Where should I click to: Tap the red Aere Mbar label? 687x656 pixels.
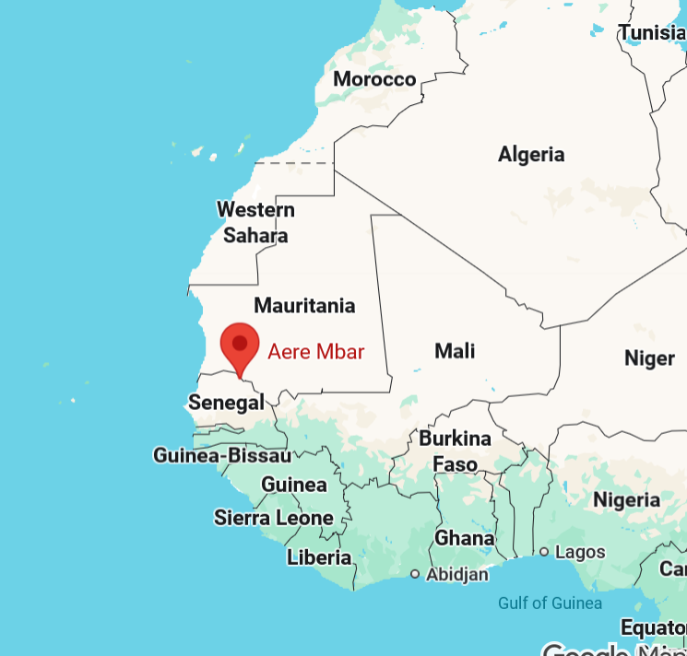[x=316, y=351]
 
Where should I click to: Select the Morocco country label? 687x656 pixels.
[x=374, y=79]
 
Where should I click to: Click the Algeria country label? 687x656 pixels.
[x=531, y=154]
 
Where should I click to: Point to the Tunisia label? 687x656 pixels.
[x=652, y=33]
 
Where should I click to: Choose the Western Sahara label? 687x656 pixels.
[x=255, y=222]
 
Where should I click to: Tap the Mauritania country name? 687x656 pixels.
[x=304, y=305]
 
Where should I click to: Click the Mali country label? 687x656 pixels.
[x=455, y=350]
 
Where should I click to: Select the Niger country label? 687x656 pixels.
[x=649, y=357]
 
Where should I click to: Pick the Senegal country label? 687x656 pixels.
[x=226, y=402]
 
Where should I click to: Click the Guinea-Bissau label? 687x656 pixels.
[x=222, y=455]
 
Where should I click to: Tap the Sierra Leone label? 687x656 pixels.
[x=273, y=518]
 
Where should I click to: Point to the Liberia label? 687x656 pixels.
[x=319, y=557]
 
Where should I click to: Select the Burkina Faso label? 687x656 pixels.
[x=455, y=451]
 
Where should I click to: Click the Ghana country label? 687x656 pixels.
[x=464, y=538]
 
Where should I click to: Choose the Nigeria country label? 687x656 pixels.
[x=626, y=500]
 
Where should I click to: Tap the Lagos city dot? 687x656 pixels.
[x=544, y=552]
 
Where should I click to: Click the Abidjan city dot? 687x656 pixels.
[x=415, y=574]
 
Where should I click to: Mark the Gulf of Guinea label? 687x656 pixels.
[x=550, y=603]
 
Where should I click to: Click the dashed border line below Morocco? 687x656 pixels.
[x=295, y=163]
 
